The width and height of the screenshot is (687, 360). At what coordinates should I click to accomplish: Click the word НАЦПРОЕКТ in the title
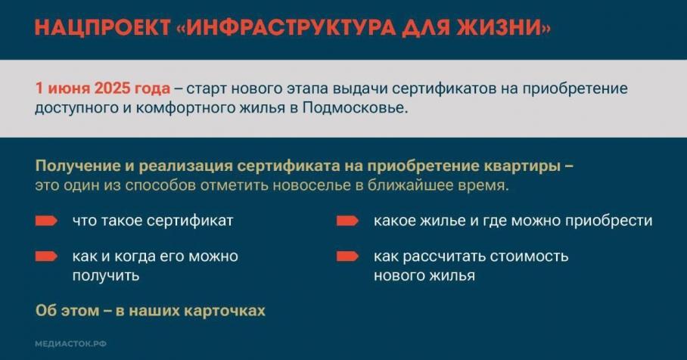click(x=102, y=27)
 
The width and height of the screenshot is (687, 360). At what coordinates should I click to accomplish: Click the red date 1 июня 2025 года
click(x=103, y=89)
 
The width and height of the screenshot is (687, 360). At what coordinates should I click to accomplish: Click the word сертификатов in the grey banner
click(x=442, y=89)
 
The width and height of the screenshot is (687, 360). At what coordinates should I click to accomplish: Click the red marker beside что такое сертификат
click(x=46, y=221)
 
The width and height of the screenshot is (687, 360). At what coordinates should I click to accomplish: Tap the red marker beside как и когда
click(x=46, y=256)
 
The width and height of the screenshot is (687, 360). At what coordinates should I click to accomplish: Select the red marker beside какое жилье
click(x=347, y=221)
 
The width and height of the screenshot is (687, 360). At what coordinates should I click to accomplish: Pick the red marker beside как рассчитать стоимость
click(x=347, y=256)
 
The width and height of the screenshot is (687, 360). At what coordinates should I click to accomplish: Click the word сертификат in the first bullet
click(x=190, y=221)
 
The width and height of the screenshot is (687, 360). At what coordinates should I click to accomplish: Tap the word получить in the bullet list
click(x=106, y=276)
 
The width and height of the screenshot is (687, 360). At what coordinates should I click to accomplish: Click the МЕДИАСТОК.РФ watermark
click(x=70, y=344)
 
